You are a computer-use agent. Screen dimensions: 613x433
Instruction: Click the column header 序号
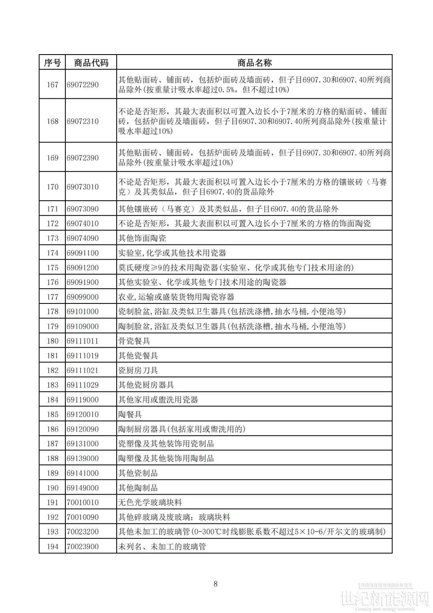[52, 63]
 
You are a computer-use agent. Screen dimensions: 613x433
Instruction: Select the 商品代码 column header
[91, 63]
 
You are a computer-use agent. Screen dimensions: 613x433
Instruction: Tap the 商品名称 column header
[254, 63]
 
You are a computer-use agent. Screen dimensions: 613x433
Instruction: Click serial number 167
[53, 85]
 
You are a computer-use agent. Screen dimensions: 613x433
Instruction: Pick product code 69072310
[83, 121]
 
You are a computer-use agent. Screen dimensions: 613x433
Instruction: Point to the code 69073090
[83, 209]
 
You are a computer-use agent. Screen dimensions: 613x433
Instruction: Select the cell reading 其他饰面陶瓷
[142, 238]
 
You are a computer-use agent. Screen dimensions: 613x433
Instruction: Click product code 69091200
[83, 267]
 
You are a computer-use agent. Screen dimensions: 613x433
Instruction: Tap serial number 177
[53, 297]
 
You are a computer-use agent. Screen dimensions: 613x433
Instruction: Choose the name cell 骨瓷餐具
[134, 341]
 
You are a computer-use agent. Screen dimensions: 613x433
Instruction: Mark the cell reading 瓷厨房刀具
[138, 370]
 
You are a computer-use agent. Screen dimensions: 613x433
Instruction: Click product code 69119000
[83, 399]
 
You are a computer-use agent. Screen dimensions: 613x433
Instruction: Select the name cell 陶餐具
[130, 414]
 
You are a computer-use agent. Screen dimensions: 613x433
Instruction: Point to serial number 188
[53, 458]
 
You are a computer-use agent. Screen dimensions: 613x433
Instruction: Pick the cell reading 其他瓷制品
[138, 473]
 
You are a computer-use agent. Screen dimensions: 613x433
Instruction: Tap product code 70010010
[83, 502]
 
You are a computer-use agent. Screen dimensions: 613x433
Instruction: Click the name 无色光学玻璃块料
[150, 502]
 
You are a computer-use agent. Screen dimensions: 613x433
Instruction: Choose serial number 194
[53, 546]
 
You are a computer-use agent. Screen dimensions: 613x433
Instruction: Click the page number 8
[216, 584]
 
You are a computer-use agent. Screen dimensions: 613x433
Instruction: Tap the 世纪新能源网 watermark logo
[384, 598]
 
